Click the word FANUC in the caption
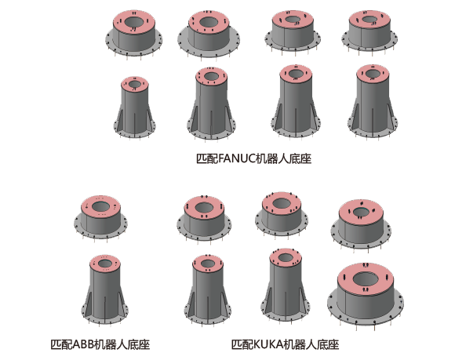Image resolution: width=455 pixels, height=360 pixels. tap(236, 158)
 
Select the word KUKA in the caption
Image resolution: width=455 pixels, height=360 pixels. tap(268, 344)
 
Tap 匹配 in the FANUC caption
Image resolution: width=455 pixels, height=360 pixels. tap(207, 158)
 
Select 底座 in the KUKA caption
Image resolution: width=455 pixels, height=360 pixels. tap(328, 344)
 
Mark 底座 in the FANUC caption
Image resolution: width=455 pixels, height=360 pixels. tap(300, 158)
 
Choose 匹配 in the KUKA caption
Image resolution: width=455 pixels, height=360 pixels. tap(242, 344)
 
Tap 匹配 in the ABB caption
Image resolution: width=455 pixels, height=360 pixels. tap(61, 344)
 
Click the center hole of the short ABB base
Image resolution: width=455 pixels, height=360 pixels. tap(100, 206)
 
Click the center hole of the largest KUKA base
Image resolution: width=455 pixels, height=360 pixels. tap(366, 279)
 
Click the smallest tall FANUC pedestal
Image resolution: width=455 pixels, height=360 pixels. tap(135, 107)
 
